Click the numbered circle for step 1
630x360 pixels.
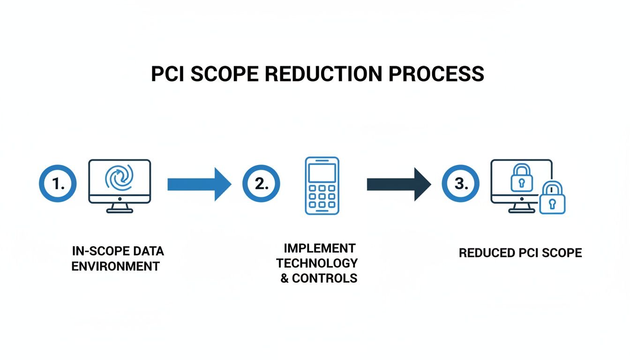point(58,184)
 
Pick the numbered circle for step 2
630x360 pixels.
point(261,184)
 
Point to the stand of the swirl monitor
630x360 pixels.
point(120,208)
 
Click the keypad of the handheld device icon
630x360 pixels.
point(322,196)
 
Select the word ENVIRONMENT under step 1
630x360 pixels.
point(115,267)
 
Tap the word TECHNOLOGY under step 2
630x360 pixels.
point(320,263)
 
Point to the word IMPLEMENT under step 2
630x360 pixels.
point(320,248)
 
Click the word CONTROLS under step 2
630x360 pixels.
point(324,278)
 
